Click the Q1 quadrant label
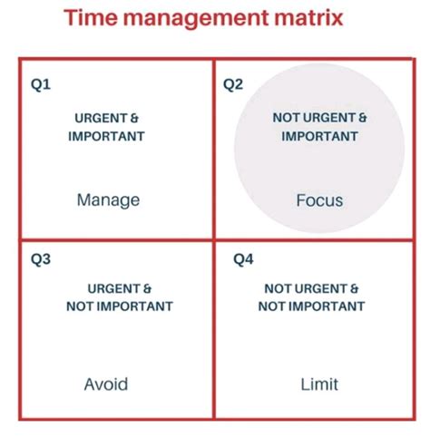click(41, 85)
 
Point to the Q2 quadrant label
click(234, 85)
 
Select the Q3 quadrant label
click(41, 260)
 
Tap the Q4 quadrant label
click(243, 260)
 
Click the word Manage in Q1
click(108, 199)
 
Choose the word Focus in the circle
click(319, 199)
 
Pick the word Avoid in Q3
click(105, 384)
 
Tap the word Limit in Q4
click(319, 384)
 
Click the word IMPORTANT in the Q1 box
click(108, 136)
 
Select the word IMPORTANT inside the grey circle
click(318, 136)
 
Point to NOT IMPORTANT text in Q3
click(119, 306)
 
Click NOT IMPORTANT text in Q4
click(312, 306)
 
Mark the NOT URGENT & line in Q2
click(318, 118)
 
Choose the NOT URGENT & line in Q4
click(312, 288)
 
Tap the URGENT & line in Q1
click(108, 118)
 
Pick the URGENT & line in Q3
click(119, 288)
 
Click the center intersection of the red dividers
click(213, 238)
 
